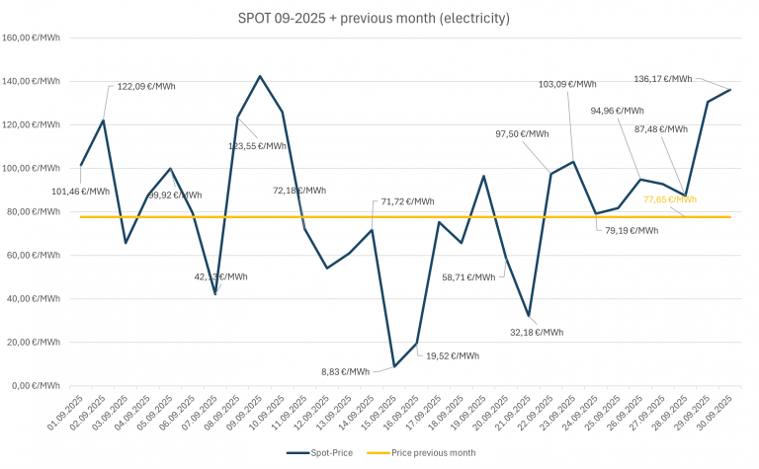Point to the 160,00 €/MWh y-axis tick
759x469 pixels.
coord(32,39)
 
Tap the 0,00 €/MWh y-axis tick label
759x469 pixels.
coord(36,385)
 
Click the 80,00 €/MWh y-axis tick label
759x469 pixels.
coord(34,211)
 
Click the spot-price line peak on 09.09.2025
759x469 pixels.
coord(260,76)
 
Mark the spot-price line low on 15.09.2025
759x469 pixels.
coord(394,366)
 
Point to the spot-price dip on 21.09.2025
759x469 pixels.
coord(529,316)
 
